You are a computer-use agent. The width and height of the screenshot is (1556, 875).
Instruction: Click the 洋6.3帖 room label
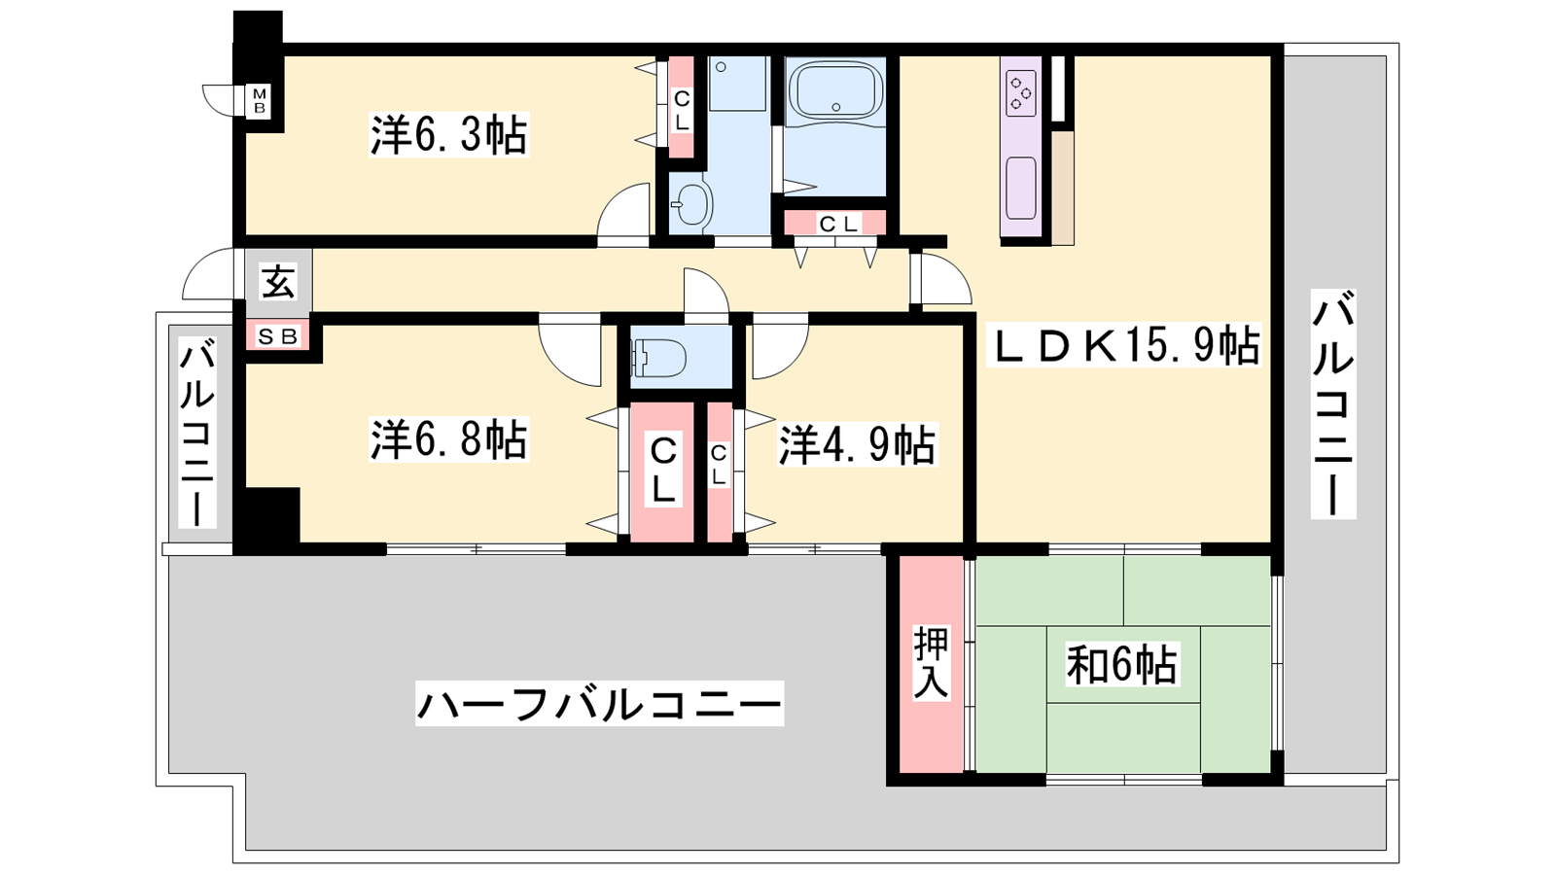(448, 134)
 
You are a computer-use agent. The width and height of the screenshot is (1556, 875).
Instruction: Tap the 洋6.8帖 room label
(448, 438)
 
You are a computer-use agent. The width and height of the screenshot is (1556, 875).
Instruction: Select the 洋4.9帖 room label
(857, 443)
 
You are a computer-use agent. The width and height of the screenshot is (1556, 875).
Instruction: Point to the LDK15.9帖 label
(1123, 345)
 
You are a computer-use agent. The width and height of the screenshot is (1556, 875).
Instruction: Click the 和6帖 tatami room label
(1122, 665)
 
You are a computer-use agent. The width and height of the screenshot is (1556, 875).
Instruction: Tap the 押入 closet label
(931, 663)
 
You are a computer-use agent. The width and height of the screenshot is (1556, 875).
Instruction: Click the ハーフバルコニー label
(599, 704)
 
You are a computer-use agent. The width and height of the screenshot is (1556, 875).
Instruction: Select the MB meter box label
(259, 101)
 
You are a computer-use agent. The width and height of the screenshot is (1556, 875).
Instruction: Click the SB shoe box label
(278, 336)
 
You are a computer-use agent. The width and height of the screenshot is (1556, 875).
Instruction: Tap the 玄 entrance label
(278, 282)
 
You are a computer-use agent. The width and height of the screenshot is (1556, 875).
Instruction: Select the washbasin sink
(690, 204)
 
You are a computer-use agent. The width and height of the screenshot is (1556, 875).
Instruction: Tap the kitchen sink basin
(1021, 189)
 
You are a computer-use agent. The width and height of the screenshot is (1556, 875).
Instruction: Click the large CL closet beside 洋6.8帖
(662, 471)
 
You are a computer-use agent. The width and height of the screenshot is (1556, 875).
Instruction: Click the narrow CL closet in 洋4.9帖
(719, 471)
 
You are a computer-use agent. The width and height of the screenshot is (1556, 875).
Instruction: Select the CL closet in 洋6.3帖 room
(682, 108)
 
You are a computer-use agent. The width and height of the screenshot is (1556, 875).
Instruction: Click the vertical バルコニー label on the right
(1333, 404)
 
